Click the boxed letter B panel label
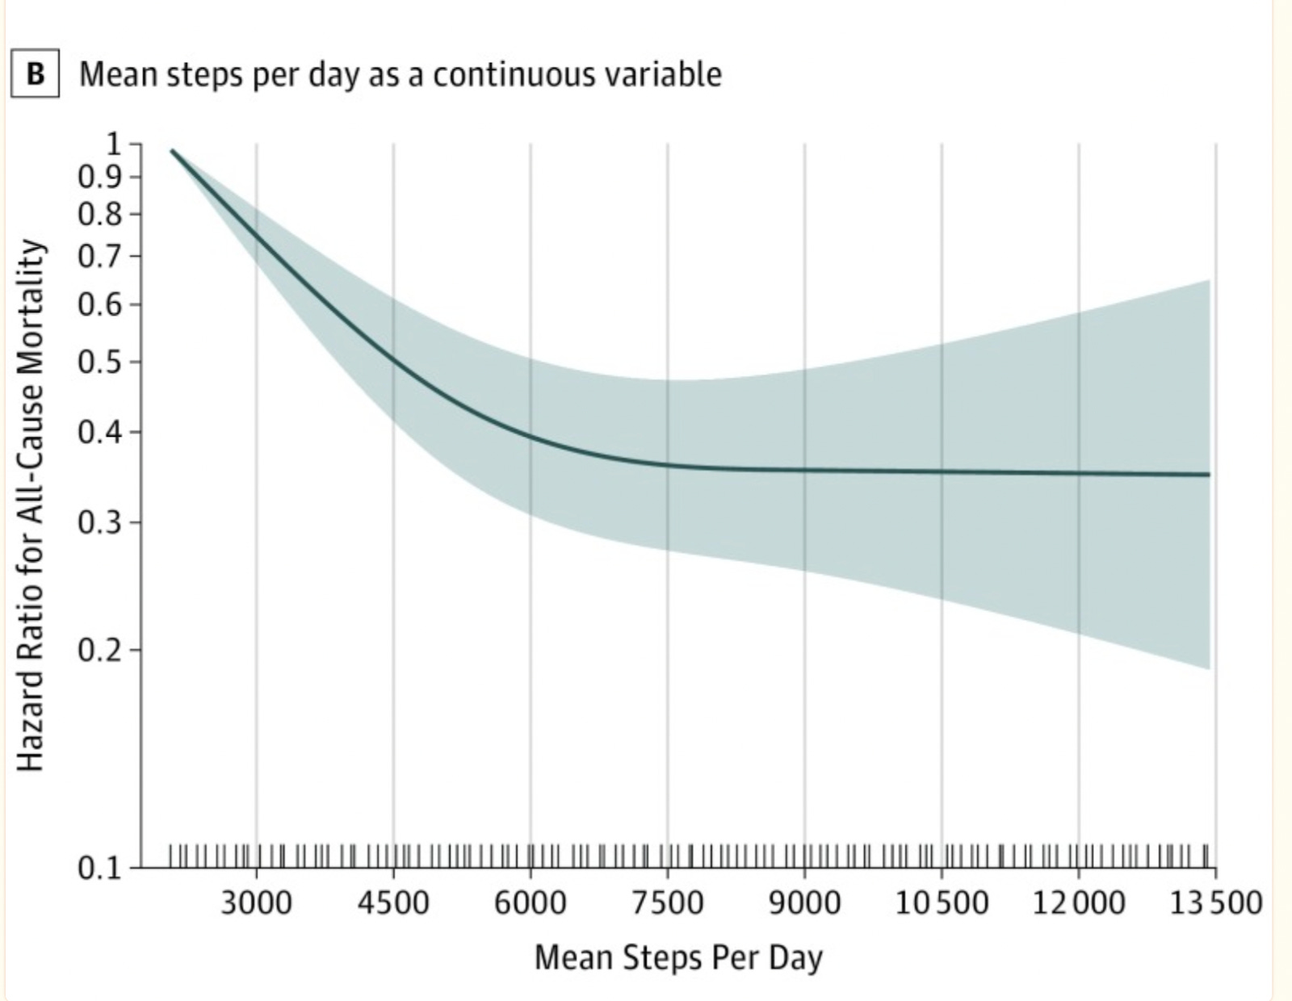click(35, 74)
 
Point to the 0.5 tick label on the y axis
click(99, 362)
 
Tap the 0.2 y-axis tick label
click(99, 650)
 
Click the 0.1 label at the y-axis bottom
click(99, 869)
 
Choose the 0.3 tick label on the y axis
click(99, 523)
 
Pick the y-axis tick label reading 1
click(113, 144)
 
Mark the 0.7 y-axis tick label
click(99, 258)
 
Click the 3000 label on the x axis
click(257, 902)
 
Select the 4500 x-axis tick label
click(393, 902)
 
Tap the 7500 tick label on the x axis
click(668, 902)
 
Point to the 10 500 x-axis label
click(942, 902)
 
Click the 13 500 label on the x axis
click(1216, 902)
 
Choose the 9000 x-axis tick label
click(804, 902)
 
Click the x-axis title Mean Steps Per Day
click(678, 958)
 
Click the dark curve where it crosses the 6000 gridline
click(531, 437)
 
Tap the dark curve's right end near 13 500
click(1208, 475)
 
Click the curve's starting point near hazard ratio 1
click(172, 151)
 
